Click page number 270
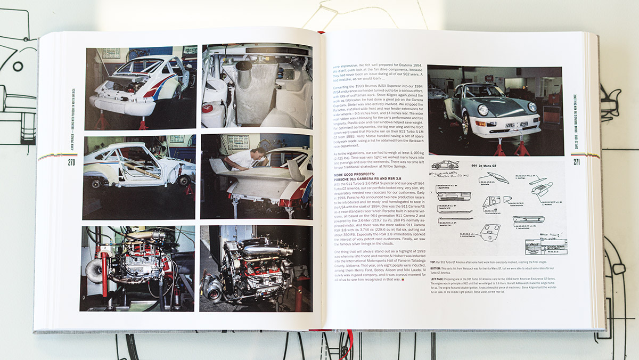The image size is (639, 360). (71, 162)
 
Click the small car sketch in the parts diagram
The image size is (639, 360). (445, 165)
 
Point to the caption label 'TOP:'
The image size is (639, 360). (432, 263)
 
